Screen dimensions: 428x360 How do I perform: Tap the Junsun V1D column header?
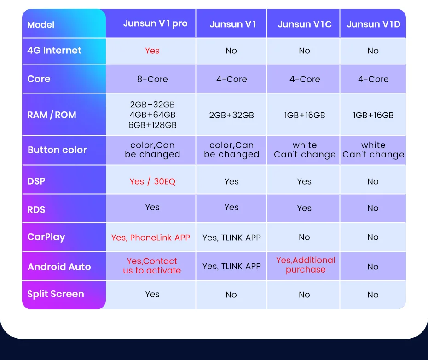point(373,24)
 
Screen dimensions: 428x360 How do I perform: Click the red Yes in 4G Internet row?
point(152,51)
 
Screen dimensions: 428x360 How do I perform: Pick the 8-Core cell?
point(152,79)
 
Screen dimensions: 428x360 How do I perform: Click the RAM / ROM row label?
point(52,115)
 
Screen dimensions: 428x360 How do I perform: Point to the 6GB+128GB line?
point(152,125)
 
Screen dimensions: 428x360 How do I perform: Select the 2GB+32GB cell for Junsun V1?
point(231,115)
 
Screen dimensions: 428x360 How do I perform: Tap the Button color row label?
point(57,150)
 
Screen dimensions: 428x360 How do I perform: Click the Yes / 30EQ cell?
point(152,181)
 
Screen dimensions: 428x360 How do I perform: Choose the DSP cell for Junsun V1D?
point(373,181)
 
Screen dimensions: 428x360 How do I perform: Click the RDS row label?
point(36,209)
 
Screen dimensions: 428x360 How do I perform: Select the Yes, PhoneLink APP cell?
point(150,238)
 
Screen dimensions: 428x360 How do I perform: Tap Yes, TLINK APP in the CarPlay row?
point(231,238)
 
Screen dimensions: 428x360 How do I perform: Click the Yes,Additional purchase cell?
point(306,265)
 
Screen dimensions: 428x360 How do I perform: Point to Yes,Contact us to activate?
point(152,266)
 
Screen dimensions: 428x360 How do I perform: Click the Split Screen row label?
point(56,294)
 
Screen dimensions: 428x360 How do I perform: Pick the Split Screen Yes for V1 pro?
point(152,294)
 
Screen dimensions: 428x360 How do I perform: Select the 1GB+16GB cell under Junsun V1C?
point(305,115)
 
